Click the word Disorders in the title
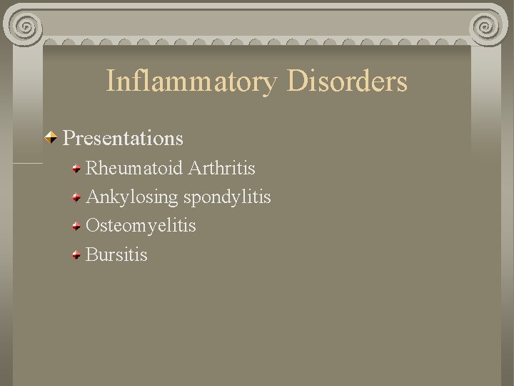pos(348,81)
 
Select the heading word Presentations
pos(124,137)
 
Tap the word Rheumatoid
pos(134,169)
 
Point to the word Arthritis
pos(222,169)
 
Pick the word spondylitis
pos(227,197)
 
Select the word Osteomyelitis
pos(141,226)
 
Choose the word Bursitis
pos(116,254)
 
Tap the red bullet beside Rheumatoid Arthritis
pos(76,169)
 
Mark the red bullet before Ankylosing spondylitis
pos(76,198)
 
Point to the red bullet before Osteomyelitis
pos(76,227)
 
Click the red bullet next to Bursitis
pos(76,255)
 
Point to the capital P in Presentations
pos(69,137)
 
